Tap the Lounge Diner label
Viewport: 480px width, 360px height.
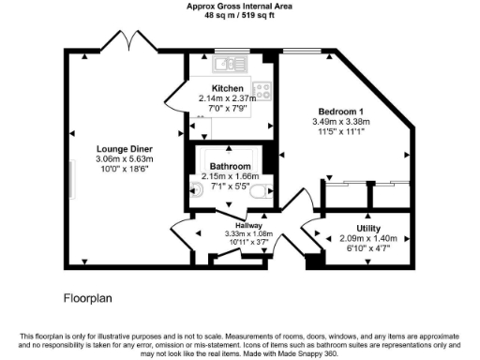(125, 149)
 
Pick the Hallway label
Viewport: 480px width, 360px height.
(248, 225)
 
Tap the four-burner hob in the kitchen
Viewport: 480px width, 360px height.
(262, 91)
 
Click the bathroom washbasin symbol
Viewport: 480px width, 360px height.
(266, 194)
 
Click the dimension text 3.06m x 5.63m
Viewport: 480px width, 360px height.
(125, 159)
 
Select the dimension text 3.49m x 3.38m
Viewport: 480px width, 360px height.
(340, 121)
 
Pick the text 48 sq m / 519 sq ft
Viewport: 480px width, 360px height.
(239, 15)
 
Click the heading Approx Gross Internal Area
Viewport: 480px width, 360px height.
(239, 6)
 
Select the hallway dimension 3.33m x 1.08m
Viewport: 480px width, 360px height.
(248, 233)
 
